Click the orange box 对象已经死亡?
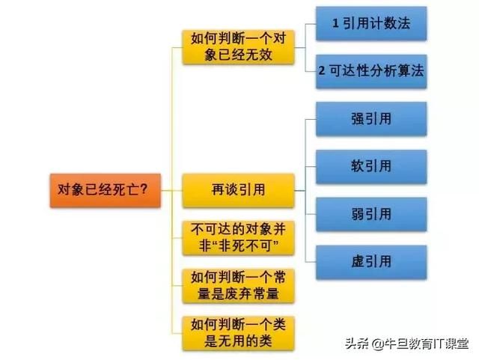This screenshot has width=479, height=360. (106, 191)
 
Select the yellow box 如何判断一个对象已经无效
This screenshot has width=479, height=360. (238, 47)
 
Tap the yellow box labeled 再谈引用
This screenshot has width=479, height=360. (238, 191)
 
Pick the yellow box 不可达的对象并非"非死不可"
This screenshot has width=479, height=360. (238, 238)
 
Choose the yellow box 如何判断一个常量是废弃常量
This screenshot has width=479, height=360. (238, 286)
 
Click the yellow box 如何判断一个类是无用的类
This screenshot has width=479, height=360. (238, 333)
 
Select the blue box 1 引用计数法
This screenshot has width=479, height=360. (371, 23)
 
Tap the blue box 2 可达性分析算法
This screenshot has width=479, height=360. (371, 72)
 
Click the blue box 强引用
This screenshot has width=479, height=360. (371, 119)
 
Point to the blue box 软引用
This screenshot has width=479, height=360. (371, 167)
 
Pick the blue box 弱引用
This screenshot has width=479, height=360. (371, 214)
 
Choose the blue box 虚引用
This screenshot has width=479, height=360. (371, 262)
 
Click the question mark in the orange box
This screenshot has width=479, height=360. (144, 189)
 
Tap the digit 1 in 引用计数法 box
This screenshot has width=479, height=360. (335, 23)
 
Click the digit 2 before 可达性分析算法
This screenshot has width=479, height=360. (322, 71)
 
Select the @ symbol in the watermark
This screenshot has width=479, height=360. (377, 344)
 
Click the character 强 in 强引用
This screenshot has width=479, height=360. (358, 118)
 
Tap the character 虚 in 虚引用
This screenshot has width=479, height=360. (358, 262)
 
